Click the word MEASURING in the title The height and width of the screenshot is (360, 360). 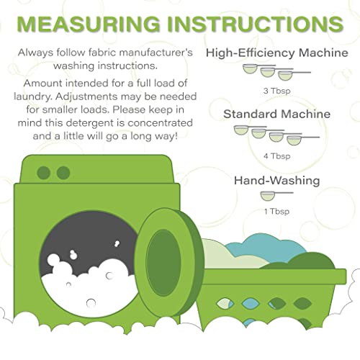pos(89,24)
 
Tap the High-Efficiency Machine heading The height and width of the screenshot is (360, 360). pos(277,53)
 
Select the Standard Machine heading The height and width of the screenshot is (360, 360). pos(277,114)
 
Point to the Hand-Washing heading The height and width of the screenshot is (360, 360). pos(277,181)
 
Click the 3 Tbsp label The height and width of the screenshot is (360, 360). pos(277,91)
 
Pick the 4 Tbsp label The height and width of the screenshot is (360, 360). pos(277,156)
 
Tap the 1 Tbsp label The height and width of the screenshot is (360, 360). pos(276,212)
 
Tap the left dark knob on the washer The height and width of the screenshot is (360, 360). pos(44,173)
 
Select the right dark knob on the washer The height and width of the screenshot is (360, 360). pos(63,173)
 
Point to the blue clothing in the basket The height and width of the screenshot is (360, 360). pos(266,247)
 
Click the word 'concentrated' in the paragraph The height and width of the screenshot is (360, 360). pos(160,123)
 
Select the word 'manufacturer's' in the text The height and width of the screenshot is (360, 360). pos(156,53)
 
